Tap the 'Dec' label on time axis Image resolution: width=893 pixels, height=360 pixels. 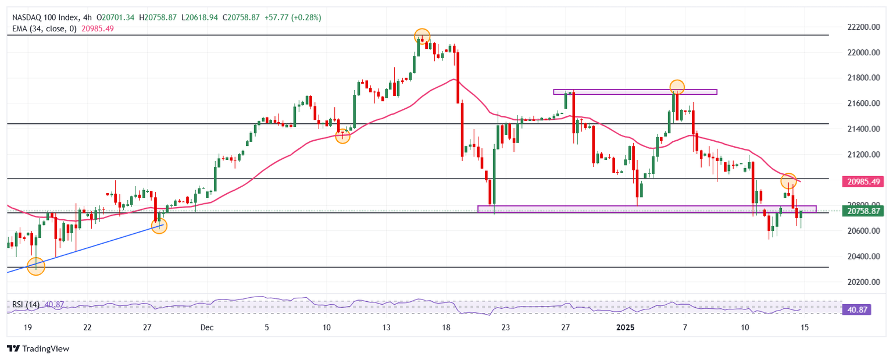pyautogui.click(x=207, y=327)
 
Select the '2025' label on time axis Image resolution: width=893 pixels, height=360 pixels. pyautogui.click(x=625, y=327)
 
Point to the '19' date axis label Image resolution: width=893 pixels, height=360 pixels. pyautogui.click(x=27, y=327)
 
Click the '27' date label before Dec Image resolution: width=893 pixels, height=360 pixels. pyautogui.click(x=147, y=327)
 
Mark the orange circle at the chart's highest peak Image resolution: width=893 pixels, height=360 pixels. pyautogui.click(x=422, y=37)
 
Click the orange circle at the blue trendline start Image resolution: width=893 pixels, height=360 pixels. pyautogui.click(x=36, y=266)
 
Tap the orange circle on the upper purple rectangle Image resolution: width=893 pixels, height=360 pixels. pyautogui.click(x=676, y=87)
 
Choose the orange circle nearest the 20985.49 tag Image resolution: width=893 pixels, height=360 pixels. pyautogui.click(x=788, y=180)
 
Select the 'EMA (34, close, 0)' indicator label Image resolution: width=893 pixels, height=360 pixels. pyautogui.click(x=43, y=28)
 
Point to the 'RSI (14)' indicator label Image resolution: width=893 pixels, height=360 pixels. pyautogui.click(x=26, y=304)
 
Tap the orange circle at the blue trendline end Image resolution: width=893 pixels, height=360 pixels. pyautogui.click(x=159, y=226)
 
